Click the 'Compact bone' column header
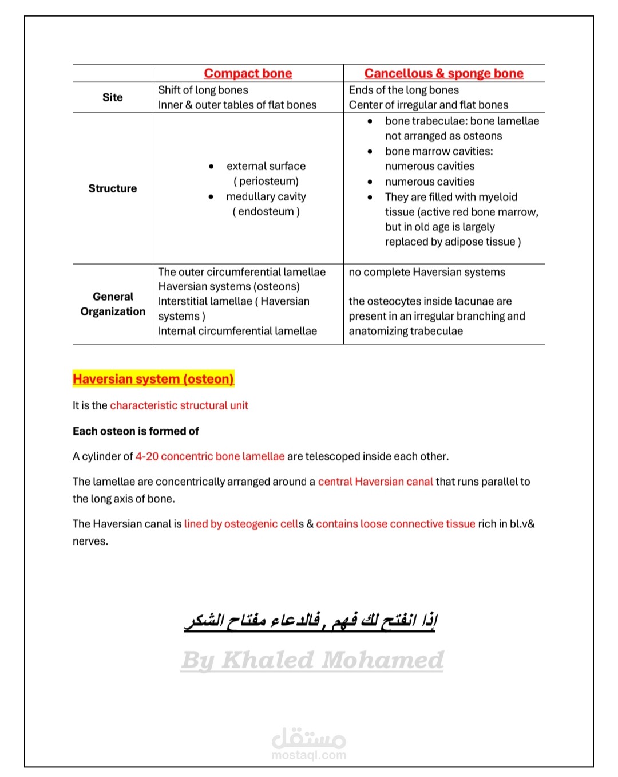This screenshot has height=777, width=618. click(248, 73)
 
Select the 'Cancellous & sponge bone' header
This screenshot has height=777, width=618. click(443, 73)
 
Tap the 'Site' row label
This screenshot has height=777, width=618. click(113, 97)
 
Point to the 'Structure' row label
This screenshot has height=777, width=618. click(113, 188)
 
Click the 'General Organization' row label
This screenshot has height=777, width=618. click(113, 304)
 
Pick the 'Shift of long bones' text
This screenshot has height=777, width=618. click(203, 90)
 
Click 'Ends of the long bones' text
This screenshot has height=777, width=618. click(403, 90)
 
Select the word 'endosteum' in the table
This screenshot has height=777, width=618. click(266, 211)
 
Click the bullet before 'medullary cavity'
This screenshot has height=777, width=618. click(211, 196)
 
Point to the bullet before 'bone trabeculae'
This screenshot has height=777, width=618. click(370, 121)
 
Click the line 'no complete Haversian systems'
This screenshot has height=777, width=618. click(427, 272)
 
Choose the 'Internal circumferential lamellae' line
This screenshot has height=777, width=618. click(237, 331)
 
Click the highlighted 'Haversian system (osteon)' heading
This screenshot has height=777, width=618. click(153, 379)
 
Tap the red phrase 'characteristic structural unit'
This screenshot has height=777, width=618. click(179, 405)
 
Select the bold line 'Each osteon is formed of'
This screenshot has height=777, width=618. click(136, 431)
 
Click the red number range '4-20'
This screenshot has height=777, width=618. click(147, 456)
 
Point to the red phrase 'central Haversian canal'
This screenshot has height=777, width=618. click(375, 482)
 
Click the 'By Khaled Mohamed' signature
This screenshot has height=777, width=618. click(312, 660)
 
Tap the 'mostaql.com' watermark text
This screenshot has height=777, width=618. click(309, 755)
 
